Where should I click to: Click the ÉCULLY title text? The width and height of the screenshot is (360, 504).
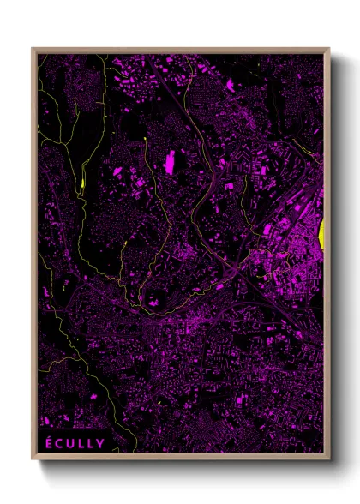(x=75, y=443)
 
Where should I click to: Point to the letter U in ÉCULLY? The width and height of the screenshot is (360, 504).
(x=71, y=443)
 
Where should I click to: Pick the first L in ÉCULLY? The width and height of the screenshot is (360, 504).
(x=81, y=443)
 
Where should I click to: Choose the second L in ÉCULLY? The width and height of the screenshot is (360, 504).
(x=91, y=443)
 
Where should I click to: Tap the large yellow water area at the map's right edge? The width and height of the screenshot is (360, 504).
(x=322, y=230)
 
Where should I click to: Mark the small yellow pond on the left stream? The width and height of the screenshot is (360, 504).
(x=82, y=182)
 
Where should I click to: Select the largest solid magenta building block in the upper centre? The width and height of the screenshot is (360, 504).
(x=170, y=161)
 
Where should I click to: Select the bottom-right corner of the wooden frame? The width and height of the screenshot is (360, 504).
(x=329, y=457)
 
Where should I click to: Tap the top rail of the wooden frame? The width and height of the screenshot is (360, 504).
(x=181, y=50)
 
